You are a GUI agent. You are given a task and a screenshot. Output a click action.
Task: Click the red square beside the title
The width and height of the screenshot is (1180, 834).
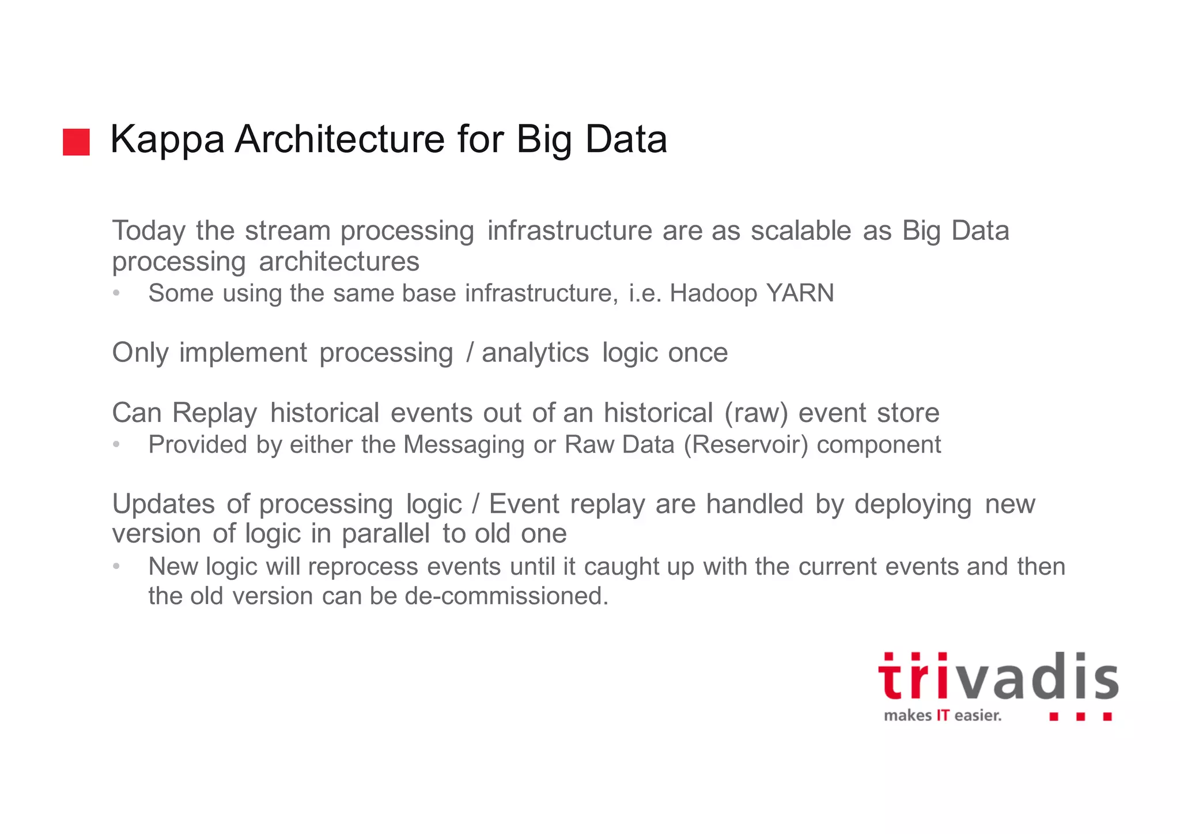point(76,142)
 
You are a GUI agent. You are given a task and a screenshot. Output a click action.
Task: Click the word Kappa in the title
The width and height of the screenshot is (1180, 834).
point(167,140)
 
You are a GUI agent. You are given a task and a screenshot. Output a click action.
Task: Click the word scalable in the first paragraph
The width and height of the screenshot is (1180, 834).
point(800,231)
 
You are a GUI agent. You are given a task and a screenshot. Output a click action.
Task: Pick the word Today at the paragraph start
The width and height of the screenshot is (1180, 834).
point(149,231)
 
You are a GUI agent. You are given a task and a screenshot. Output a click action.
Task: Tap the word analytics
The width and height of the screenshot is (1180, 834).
point(535,353)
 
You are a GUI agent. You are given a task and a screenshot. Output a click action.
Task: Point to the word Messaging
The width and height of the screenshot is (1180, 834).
point(463,445)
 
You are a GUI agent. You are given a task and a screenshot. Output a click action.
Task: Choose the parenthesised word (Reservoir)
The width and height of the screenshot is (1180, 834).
point(746,445)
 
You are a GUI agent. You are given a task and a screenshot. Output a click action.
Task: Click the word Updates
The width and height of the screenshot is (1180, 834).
point(164,504)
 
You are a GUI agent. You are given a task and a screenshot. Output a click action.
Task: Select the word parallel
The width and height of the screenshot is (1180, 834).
point(385,534)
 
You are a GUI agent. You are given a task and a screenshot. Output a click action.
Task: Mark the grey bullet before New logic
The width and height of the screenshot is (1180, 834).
point(116,567)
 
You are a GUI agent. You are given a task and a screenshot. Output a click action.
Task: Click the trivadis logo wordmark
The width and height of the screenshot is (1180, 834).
point(998,678)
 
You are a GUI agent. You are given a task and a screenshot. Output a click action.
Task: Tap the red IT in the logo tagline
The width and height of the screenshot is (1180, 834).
point(943,716)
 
